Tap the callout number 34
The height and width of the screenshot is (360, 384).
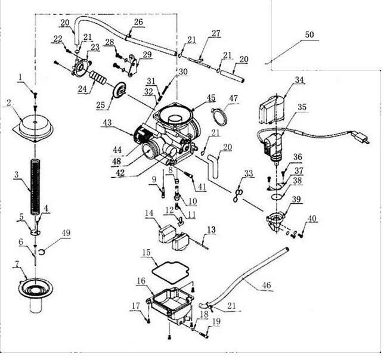(x=299, y=79)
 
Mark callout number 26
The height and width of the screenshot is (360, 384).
(x=138, y=22)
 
